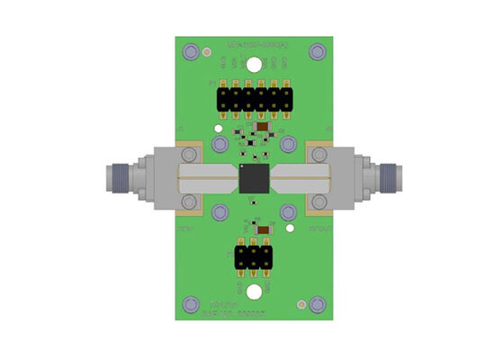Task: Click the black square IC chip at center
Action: pos(253,178)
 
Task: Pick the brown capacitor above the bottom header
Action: pos(263,228)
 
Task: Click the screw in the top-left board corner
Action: pos(190,52)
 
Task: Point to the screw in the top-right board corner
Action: pos(316,52)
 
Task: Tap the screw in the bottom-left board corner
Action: pos(190,304)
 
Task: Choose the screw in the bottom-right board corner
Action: pos(316,304)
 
